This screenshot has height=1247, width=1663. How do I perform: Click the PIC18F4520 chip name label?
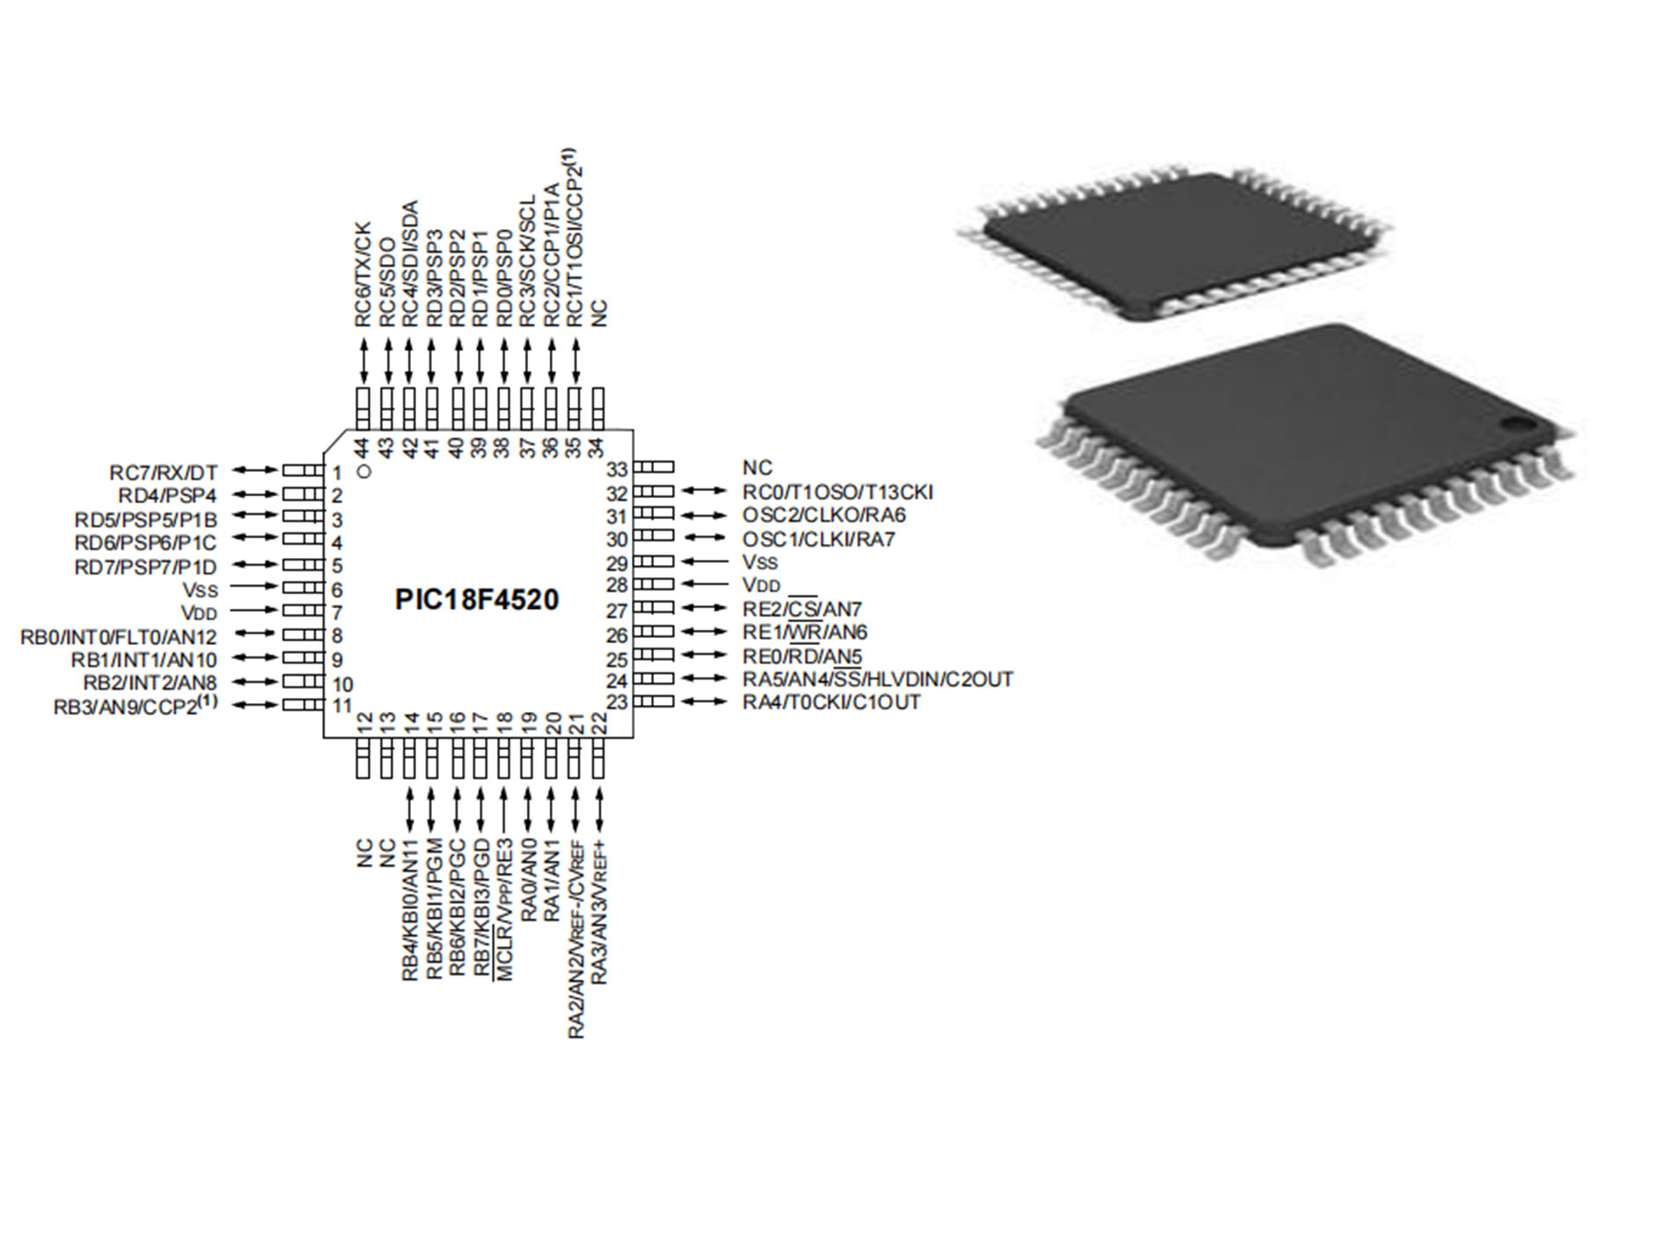476,600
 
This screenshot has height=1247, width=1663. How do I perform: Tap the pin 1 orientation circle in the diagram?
365,471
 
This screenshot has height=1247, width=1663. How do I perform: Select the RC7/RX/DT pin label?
163,473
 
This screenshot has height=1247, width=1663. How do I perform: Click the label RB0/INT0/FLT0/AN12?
118,636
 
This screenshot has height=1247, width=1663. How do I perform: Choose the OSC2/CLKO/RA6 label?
824,515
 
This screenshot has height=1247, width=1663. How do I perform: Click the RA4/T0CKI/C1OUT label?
831,702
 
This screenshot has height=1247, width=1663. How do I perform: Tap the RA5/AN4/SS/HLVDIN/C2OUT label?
877,679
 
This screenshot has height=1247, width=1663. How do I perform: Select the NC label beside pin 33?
757,468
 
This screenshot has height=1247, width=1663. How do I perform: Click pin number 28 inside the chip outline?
617,585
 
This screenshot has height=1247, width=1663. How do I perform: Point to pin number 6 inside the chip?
337,590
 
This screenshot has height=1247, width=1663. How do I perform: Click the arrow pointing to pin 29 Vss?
706,561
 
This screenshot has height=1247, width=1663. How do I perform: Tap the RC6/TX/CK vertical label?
363,274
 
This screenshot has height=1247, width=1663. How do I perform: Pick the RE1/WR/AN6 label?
804,632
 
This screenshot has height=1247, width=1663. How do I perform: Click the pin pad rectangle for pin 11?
303,705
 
